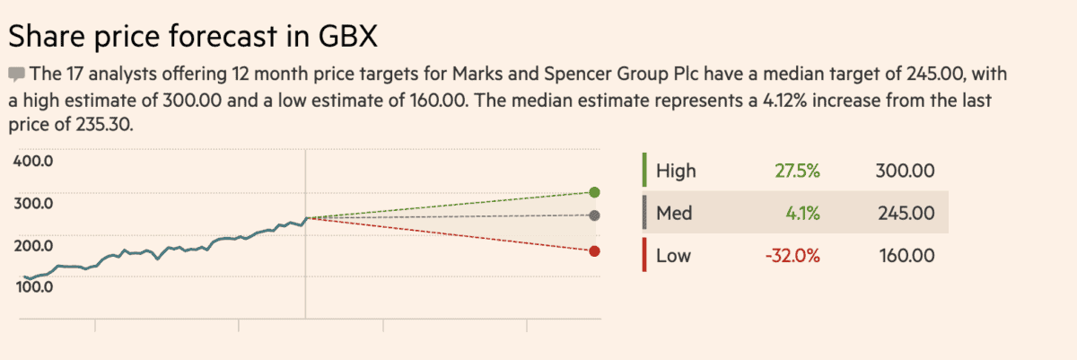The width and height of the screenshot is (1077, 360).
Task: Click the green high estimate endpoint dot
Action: (x=594, y=192)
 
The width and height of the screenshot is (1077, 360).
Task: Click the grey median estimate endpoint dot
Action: (x=594, y=215)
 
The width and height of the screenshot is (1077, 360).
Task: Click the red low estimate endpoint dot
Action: (x=594, y=251)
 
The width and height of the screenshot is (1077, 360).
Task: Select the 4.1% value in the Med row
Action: (x=801, y=214)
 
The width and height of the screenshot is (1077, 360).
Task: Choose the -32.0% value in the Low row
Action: (x=792, y=256)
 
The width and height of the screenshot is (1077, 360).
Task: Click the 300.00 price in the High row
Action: (x=905, y=171)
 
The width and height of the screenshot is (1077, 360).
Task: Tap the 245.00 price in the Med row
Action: (x=905, y=214)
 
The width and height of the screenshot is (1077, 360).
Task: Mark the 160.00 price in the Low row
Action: (x=905, y=256)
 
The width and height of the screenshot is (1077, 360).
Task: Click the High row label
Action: (x=676, y=171)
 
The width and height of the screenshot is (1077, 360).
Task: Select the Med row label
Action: (x=674, y=214)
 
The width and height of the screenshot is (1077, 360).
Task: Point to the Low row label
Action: (x=673, y=256)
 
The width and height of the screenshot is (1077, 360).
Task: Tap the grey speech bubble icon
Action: (x=17, y=73)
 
